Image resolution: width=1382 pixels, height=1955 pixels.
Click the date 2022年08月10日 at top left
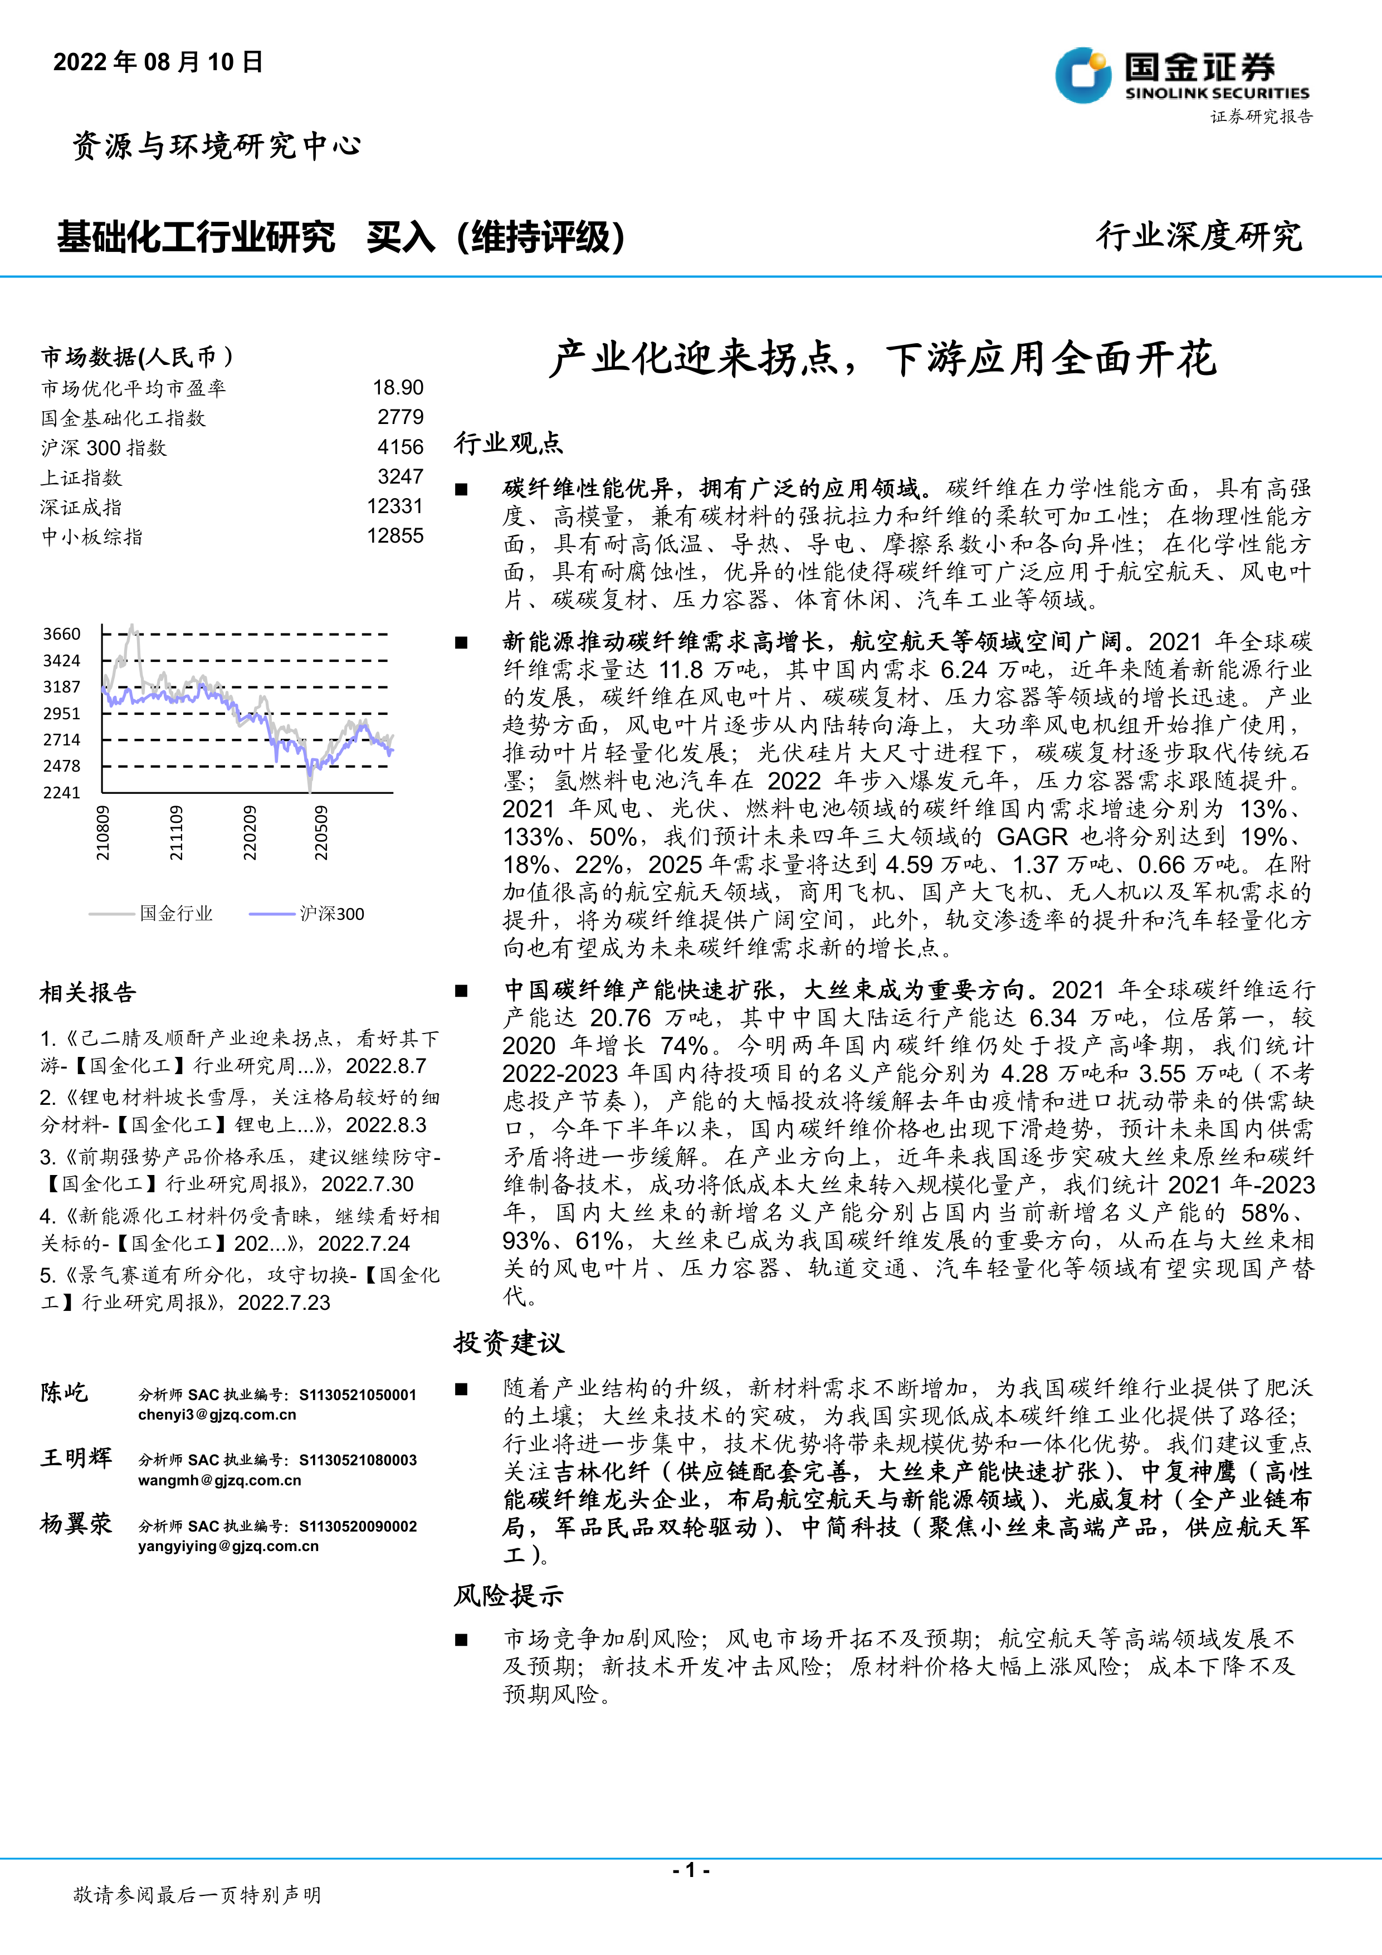158,62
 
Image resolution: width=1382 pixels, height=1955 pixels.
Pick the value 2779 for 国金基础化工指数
400,417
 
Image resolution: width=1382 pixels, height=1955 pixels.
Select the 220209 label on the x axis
250,833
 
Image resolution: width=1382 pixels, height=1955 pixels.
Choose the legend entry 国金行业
176,914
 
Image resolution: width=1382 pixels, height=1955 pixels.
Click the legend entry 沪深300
332,914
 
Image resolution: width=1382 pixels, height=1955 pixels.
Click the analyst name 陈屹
64,1393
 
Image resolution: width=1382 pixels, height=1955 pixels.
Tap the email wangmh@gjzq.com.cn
219,1481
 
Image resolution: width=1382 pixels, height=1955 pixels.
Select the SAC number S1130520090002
358,1527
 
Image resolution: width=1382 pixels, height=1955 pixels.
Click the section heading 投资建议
509,1343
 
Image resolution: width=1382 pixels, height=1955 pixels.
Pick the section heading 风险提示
509,1596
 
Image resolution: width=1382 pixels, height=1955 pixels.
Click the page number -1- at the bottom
691,1870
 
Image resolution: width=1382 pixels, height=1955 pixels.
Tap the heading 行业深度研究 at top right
1199,236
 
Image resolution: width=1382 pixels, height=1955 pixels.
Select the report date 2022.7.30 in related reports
368,1184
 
